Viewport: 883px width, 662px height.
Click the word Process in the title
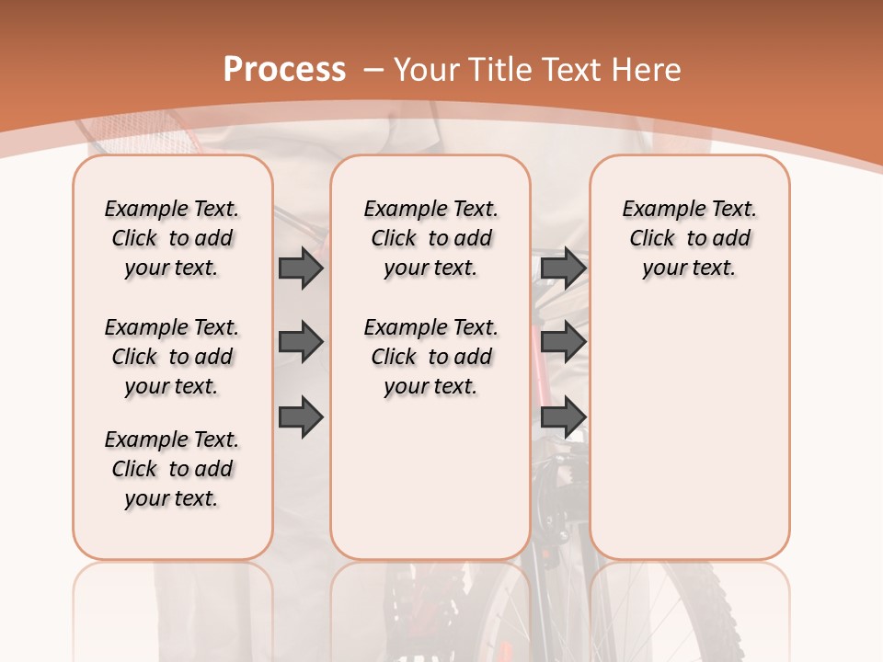coord(284,70)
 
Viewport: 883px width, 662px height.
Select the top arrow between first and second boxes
coord(301,268)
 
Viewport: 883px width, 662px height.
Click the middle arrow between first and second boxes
coord(301,342)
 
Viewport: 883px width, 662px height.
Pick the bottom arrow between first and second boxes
coord(301,417)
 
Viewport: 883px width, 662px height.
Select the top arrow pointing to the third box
coord(563,268)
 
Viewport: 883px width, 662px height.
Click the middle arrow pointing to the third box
coord(563,342)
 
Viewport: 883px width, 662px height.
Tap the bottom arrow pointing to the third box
coord(563,417)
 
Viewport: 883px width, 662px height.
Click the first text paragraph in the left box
coord(172,238)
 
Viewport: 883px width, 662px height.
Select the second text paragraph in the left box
coord(172,357)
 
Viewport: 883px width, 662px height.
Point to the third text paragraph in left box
coord(172,469)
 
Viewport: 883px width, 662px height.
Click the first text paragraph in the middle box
coord(430,238)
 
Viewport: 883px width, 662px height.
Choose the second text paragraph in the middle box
coord(430,357)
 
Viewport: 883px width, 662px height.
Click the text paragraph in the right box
coord(689,238)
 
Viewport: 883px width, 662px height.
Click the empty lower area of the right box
coord(689,432)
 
